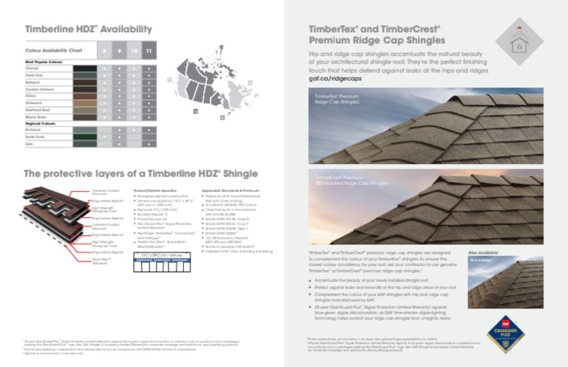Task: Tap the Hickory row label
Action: coord(31,96)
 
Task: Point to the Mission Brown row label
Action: coord(35,116)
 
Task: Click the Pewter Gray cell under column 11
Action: coord(149,75)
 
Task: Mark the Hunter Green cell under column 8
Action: coord(104,137)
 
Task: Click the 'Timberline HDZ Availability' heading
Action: coord(88,30)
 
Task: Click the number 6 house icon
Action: coord(519,42)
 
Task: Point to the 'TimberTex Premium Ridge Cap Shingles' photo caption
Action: coord(337,99)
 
